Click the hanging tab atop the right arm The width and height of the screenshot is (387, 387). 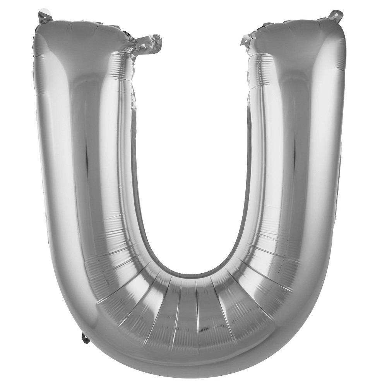[336, 15]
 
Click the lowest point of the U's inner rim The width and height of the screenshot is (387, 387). [193, 276]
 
